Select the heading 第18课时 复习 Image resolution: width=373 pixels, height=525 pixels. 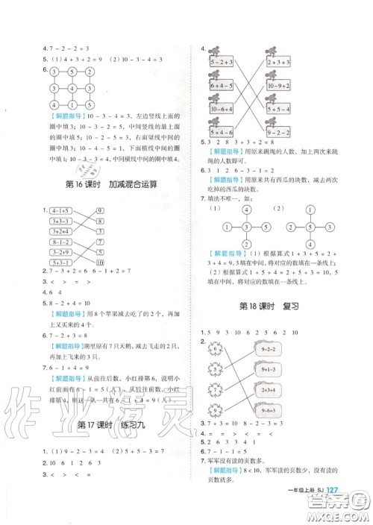pos(272,306)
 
